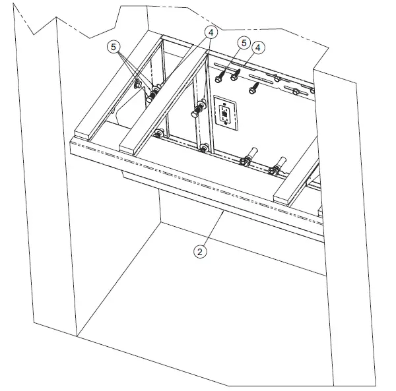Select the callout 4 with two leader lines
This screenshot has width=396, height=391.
(x=211, y=31)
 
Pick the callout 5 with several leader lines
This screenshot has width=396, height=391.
(x=114, y=47)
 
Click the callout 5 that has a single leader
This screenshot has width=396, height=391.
(x=244, y=44)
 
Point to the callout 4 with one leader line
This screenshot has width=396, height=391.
(x=259, y=47)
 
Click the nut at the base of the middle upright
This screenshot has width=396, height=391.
(x=205, y=147)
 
